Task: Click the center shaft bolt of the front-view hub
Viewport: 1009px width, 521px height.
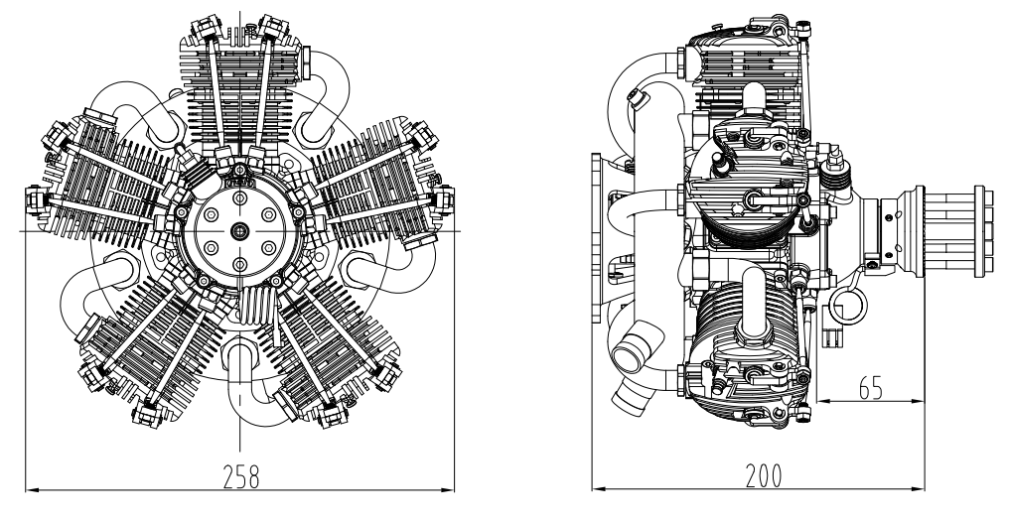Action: (239, 230)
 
